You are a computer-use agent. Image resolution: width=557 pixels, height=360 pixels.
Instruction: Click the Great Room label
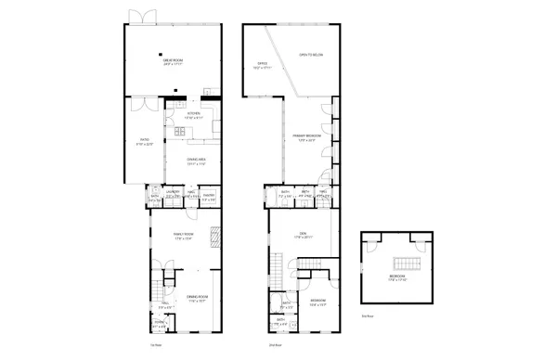(173, 63)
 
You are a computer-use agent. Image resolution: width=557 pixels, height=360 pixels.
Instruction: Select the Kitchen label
(192, 115)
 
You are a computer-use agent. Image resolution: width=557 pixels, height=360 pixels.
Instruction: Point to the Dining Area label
(195, 161)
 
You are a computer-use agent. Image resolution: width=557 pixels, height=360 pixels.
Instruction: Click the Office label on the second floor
(263, 65)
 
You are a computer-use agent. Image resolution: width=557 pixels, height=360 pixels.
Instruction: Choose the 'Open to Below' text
(310, 56)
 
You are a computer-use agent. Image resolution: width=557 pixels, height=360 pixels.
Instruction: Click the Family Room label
(183, 235)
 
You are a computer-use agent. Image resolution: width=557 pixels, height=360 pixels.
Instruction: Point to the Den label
(302, 236)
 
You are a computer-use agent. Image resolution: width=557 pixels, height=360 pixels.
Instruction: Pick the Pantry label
(210, 196)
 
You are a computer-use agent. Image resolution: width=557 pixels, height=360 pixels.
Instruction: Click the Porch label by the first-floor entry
(159, 325)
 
